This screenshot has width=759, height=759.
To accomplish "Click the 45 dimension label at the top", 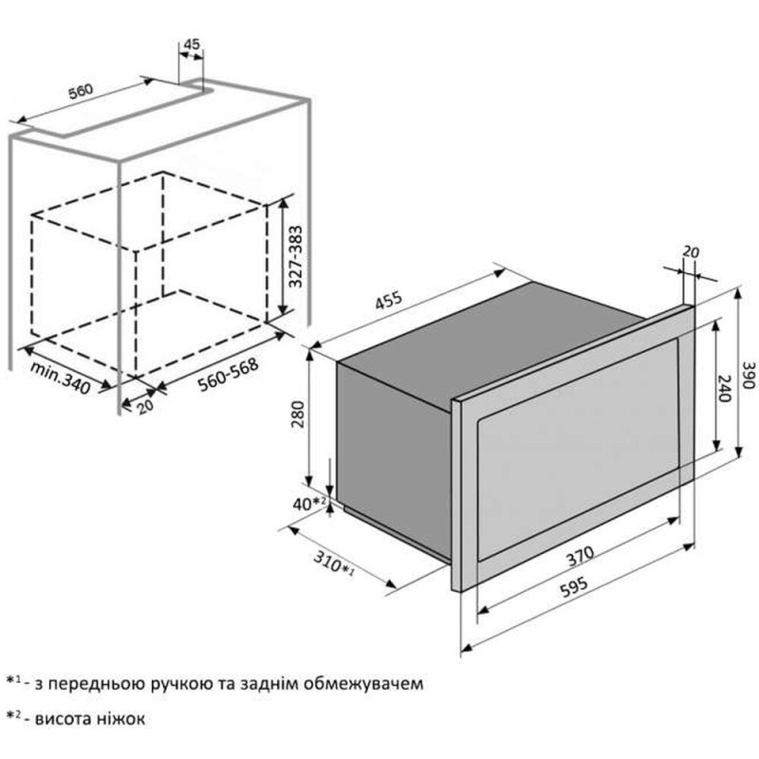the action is coord(193,44).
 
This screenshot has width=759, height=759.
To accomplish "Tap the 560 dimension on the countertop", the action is coord(80,91).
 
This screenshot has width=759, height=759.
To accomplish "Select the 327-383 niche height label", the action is coord(295,256).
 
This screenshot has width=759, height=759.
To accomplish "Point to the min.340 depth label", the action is coord(61,378).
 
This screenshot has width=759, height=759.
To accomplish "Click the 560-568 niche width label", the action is coord(228,373).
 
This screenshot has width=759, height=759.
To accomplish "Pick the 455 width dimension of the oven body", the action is coord(389,300).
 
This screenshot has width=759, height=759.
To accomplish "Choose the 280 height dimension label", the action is coord(299,415).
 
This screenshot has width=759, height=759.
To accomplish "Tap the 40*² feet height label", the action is coord(309,504).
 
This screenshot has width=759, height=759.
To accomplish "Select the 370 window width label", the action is coord(580,556).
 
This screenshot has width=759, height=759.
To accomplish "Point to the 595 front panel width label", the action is coord(574,586).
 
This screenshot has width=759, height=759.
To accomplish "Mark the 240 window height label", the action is coord(724,388).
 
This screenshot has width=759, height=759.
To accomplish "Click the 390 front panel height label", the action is coord(749,375).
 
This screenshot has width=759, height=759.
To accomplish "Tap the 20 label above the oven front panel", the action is coord(691,251).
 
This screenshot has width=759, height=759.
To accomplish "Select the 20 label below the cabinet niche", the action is coord(145,406).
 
